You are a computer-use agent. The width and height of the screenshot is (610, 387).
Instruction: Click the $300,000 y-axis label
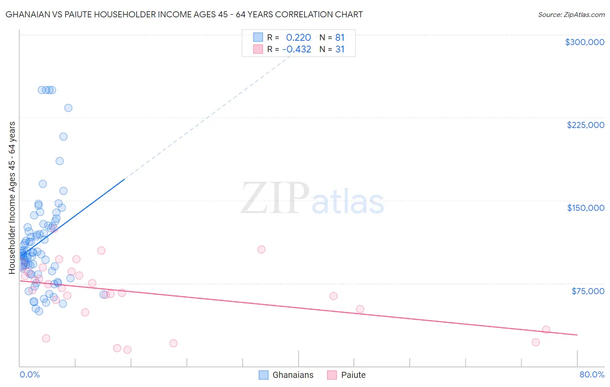coord(584,42)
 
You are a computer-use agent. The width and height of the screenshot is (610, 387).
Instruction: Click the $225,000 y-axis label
coord(585,125)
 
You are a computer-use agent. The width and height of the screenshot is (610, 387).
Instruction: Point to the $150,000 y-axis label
coord(585,208)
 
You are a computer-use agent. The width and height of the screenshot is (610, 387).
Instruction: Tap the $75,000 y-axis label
coord(587,291)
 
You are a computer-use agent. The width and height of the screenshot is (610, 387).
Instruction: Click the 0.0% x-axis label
coord(30,374)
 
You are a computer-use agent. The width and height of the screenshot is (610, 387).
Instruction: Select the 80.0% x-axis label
coord(592,374)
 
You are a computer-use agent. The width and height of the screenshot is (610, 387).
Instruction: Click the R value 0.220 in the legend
coord(298,37)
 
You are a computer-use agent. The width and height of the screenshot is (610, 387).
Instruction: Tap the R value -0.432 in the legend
coord(297,49)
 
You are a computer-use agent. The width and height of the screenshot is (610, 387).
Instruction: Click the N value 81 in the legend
coord(340,37)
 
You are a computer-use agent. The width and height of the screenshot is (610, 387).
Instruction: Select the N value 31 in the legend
coord(340,49)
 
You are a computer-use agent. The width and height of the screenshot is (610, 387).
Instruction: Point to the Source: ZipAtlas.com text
coord(571,14)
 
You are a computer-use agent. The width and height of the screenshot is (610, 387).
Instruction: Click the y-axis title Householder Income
coord(12,198)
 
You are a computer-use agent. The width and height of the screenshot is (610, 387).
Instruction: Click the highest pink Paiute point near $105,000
coord(261,249)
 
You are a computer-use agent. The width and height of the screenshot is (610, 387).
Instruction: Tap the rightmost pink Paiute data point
coord(546,330)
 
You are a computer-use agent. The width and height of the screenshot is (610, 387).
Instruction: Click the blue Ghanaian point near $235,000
coord(68,108)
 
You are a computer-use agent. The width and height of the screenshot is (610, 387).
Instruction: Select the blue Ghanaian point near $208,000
coord(63,137)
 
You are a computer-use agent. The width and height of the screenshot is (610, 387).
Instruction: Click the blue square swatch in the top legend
coord(258,37)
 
